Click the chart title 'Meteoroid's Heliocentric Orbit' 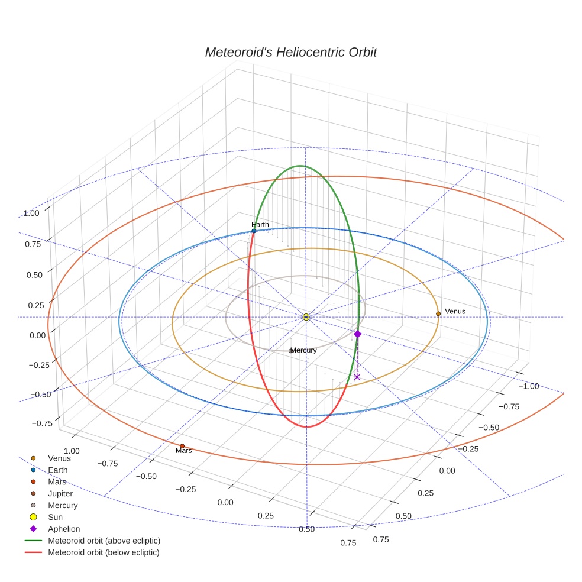(291, 52)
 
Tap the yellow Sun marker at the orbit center (306, 317)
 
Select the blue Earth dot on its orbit (254, 231)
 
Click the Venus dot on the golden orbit (438, 313)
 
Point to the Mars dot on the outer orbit (182, 446)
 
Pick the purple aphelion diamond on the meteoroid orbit (357, 334)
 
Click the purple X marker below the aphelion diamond (357, 377)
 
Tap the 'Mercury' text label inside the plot (303, 350)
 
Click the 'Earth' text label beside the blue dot (260, 225)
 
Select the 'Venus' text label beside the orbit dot (455, 312)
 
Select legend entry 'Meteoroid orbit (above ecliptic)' (92, 541)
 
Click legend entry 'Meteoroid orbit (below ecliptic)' (92, 552)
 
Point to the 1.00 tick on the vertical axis (31, 214)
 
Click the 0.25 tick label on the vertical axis (36, 305)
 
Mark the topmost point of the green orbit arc (300, 166)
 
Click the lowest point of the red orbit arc (306, 427)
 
